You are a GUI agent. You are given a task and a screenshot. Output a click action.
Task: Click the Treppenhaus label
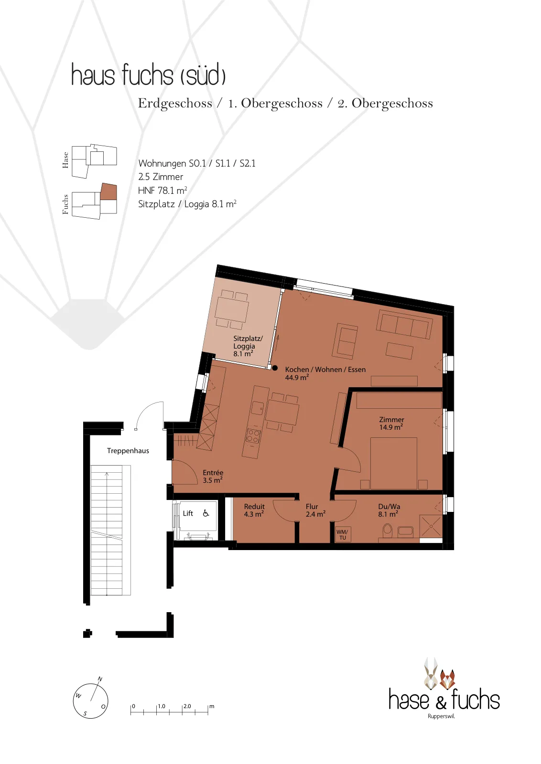[128, 451]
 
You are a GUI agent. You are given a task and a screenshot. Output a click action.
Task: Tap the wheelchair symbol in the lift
[206, 513]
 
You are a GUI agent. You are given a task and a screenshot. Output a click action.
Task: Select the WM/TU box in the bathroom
[342, 535]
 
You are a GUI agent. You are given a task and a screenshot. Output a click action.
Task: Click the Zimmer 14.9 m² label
[391, 423]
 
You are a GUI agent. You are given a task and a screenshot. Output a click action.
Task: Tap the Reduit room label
[254, 510]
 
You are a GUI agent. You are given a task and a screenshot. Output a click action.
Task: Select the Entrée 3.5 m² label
[213, 477]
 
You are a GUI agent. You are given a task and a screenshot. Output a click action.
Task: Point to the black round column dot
[275, 368]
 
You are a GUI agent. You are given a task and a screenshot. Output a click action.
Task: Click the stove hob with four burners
[253, 436]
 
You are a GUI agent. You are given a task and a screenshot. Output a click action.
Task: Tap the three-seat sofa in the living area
[404, 324]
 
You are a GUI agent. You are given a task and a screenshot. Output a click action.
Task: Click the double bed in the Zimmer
[394, 464]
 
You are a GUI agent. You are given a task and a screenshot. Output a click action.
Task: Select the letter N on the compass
[100, 679]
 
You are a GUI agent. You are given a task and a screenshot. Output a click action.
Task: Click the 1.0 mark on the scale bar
[162, 706]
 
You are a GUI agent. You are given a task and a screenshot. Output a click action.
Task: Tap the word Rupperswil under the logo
[441, 716]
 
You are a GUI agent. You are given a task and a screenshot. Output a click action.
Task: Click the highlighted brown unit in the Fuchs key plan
[108, 191]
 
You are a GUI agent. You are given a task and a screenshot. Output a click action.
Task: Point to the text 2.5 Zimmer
[161, 177]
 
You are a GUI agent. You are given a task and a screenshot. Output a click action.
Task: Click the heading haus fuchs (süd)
[149, 74]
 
